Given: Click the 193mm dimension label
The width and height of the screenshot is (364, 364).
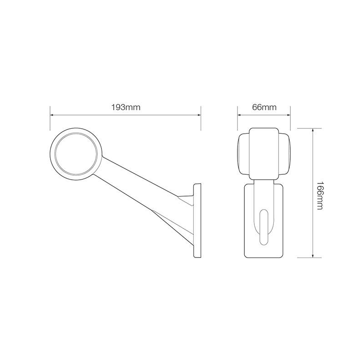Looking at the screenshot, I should (125, 108).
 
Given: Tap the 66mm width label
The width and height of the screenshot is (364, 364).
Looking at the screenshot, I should (264, 108).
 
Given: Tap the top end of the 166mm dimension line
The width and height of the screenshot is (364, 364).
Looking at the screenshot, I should (313, 129).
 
